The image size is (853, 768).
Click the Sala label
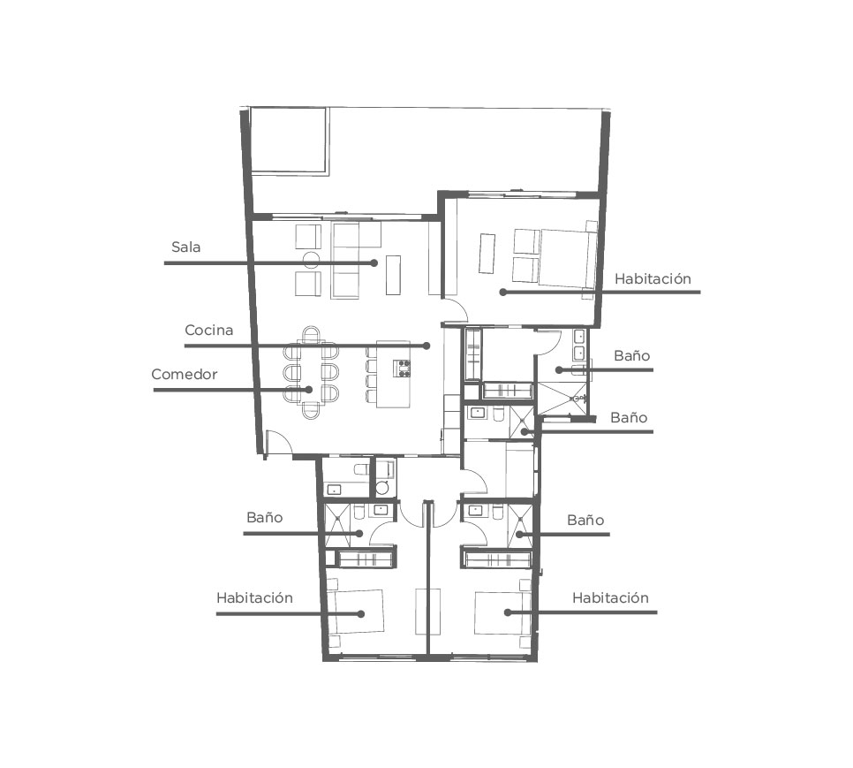tap(186, 247)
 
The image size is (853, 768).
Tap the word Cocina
tap(209, 330)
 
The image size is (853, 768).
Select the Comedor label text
tap(185, 375)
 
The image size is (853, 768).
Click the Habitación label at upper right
tap(653, 278)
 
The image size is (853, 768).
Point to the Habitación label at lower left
tap(254, 597)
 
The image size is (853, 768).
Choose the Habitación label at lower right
tap(610, 597)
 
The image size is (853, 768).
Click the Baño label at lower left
tap(264, 517)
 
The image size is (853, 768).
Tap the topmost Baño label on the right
tap(632, 355)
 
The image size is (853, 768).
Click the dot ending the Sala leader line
tap(374, 262)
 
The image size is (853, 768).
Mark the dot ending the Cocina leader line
tap(426, 346)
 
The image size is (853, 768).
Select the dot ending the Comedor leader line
tap(309, 390)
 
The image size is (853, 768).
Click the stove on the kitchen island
tap(404, 369)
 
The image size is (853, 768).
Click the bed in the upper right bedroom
tap(567, 257)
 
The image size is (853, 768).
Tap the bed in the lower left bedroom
tap(357, 612)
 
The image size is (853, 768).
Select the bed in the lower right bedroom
tap(501, 612)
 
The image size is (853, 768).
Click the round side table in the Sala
tap(312, 260)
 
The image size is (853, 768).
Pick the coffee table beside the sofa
tap(393, 275)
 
